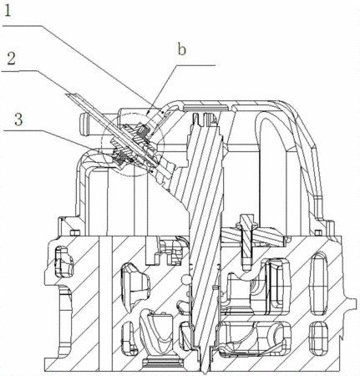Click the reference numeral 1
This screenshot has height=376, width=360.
(x=8, y=11)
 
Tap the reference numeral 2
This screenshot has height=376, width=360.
(x=11, y=58)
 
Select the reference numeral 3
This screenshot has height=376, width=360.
(x=18, y=119)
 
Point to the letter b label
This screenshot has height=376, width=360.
(x=182, y=49)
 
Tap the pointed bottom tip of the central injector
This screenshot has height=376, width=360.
(x=205, y=371)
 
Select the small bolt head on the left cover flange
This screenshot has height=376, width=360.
(x=74, y=232)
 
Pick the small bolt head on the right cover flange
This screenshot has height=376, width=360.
(x=318, y=232)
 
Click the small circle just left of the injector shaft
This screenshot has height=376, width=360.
(x=185, y=280)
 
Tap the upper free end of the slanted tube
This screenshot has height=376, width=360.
(x=69, y=94)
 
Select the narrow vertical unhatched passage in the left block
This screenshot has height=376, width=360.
(x=105, y=303)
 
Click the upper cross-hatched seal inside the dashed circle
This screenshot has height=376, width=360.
(x=144, y=131)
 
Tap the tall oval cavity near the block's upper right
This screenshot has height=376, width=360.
(x=319, y=282)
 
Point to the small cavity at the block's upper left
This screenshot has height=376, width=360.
(x=64, y=262)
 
